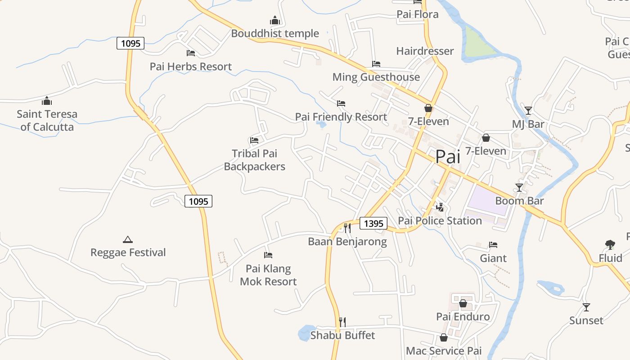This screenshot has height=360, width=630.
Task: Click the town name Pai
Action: click(x=448, y=157)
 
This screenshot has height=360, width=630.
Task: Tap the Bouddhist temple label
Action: click(x=275, y=33)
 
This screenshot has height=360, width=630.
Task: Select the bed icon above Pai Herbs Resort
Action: click(x=191, y=53)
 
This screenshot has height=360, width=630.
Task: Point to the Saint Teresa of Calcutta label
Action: click(x=47, y=120)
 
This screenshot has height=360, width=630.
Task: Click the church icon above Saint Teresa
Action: click(x=47, y=101)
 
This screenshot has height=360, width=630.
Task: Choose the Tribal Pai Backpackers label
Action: click(x=254, y=160)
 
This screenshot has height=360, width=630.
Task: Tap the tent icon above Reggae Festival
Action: click(x=128, y=240)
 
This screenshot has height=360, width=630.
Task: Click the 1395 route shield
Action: click(x=373, y=223)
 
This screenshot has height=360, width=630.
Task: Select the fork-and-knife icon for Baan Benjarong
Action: click(x=347, y=228)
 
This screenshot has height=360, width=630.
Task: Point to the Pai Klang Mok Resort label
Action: click(x=268, y=275)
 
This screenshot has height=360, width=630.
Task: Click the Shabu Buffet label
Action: click(x=342, y=335)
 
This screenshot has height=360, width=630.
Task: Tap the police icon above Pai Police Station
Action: click(x=440, y=207)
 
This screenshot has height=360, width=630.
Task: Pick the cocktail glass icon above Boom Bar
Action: click(x=519, y=187)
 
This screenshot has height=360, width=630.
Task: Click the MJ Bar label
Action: click(x=528, y=124)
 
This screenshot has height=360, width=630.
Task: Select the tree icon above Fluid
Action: click(x=610, y=245)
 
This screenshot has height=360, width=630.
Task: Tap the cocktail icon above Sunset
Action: click(x=586, y=307)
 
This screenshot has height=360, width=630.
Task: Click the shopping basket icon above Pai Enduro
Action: click(x=463, y=303)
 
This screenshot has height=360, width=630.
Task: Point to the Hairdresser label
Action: click(x=425, y=51)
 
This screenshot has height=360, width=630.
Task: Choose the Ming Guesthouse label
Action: click(x=376, y=77)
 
